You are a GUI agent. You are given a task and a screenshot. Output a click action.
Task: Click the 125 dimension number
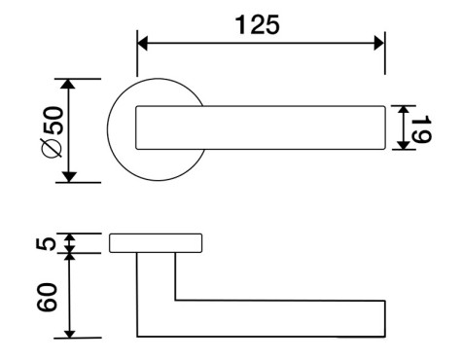(257, 25)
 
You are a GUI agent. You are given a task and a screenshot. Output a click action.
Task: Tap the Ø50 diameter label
(53, 132)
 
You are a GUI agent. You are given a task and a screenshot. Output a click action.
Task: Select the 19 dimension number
(422, 128)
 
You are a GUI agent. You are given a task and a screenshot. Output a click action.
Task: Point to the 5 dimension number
(46, 243)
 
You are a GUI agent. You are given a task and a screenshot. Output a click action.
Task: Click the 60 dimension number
(47, 297)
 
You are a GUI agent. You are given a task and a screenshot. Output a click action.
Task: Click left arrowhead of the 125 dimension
(143, 43)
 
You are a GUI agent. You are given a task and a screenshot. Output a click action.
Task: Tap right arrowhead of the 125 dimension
(379, 43)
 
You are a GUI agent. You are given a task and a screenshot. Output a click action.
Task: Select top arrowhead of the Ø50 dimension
(68, 84)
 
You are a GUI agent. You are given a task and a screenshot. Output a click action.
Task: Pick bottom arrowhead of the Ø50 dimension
(68, 177)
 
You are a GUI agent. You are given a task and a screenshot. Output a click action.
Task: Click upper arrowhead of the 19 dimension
(403, 110)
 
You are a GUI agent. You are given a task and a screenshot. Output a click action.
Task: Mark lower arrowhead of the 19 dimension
(403, 145)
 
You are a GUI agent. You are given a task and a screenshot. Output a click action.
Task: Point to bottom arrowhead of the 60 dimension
(69, 334)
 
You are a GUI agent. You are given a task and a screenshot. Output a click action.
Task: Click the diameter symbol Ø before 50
(53, 148)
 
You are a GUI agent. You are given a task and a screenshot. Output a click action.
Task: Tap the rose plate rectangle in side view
(156, 243)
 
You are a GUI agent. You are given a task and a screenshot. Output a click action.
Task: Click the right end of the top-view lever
(385, 127)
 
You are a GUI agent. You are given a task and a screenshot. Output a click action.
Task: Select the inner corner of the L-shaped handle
(175, 300)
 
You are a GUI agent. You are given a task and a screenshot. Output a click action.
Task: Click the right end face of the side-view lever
(385, 319)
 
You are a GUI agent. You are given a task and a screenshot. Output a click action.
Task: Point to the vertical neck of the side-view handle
(156, 276)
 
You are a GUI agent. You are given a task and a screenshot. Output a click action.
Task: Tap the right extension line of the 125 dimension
(385, 53)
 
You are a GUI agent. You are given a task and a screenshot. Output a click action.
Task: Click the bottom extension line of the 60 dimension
(78, 339)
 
